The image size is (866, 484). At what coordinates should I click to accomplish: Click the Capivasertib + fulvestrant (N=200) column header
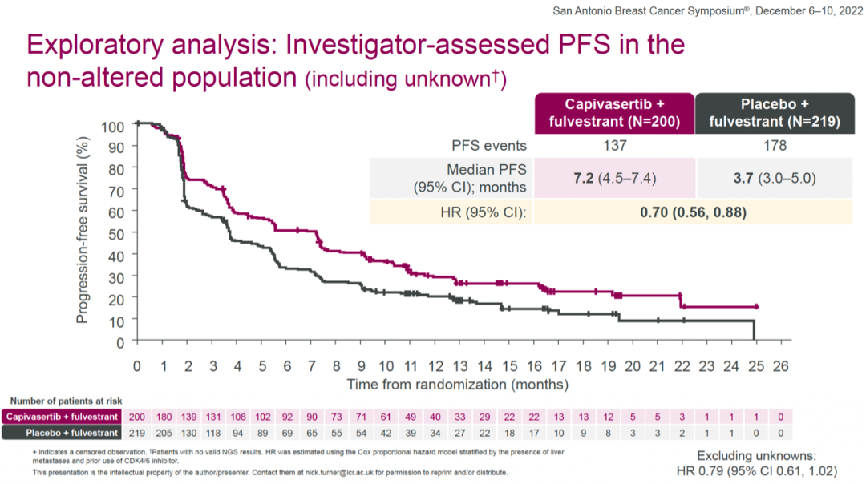614,114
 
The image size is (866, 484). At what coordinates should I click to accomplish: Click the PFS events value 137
614,146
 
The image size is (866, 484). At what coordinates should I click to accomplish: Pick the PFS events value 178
775,146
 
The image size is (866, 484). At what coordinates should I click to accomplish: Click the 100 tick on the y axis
112,126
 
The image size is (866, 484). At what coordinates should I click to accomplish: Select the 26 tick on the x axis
780,365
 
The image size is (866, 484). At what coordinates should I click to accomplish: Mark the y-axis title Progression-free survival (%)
82,230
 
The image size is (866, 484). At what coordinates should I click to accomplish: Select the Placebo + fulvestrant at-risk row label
62,433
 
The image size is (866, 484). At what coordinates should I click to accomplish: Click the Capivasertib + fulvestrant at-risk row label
62,417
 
